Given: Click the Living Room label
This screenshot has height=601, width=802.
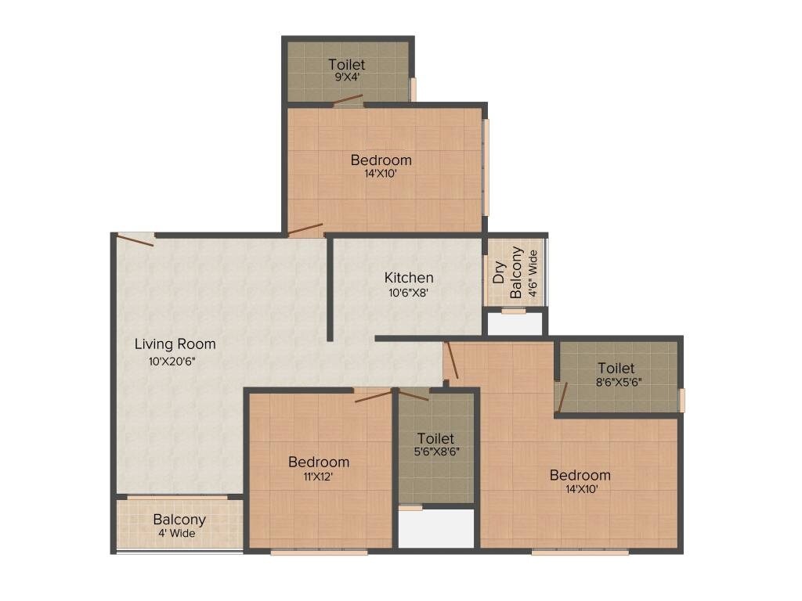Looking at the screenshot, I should [175, 344].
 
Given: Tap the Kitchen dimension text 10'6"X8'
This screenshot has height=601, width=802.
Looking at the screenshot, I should [408, 293].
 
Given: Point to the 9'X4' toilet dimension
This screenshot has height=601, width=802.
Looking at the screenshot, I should [346, 78].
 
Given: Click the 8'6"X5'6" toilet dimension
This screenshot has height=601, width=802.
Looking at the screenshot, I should [616, 383].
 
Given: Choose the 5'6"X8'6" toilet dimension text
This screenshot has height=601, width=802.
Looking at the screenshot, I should [435, 452].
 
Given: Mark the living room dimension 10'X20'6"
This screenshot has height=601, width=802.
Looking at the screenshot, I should [175, 362].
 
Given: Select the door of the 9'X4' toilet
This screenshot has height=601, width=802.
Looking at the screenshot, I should [348, 100].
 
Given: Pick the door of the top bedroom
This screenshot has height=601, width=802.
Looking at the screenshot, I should [305, 230].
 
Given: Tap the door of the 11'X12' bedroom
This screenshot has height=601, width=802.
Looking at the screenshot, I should [373, 396].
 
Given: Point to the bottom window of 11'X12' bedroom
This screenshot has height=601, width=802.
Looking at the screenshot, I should [319, 552].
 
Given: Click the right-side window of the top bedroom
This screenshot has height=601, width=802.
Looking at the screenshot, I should [486, 166].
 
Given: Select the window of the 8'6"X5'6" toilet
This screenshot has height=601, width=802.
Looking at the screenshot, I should [681, 400].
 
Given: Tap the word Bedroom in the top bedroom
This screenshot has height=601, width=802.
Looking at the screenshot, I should [381, 160].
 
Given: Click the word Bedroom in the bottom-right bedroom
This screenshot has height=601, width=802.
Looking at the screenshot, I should [580, 475].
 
